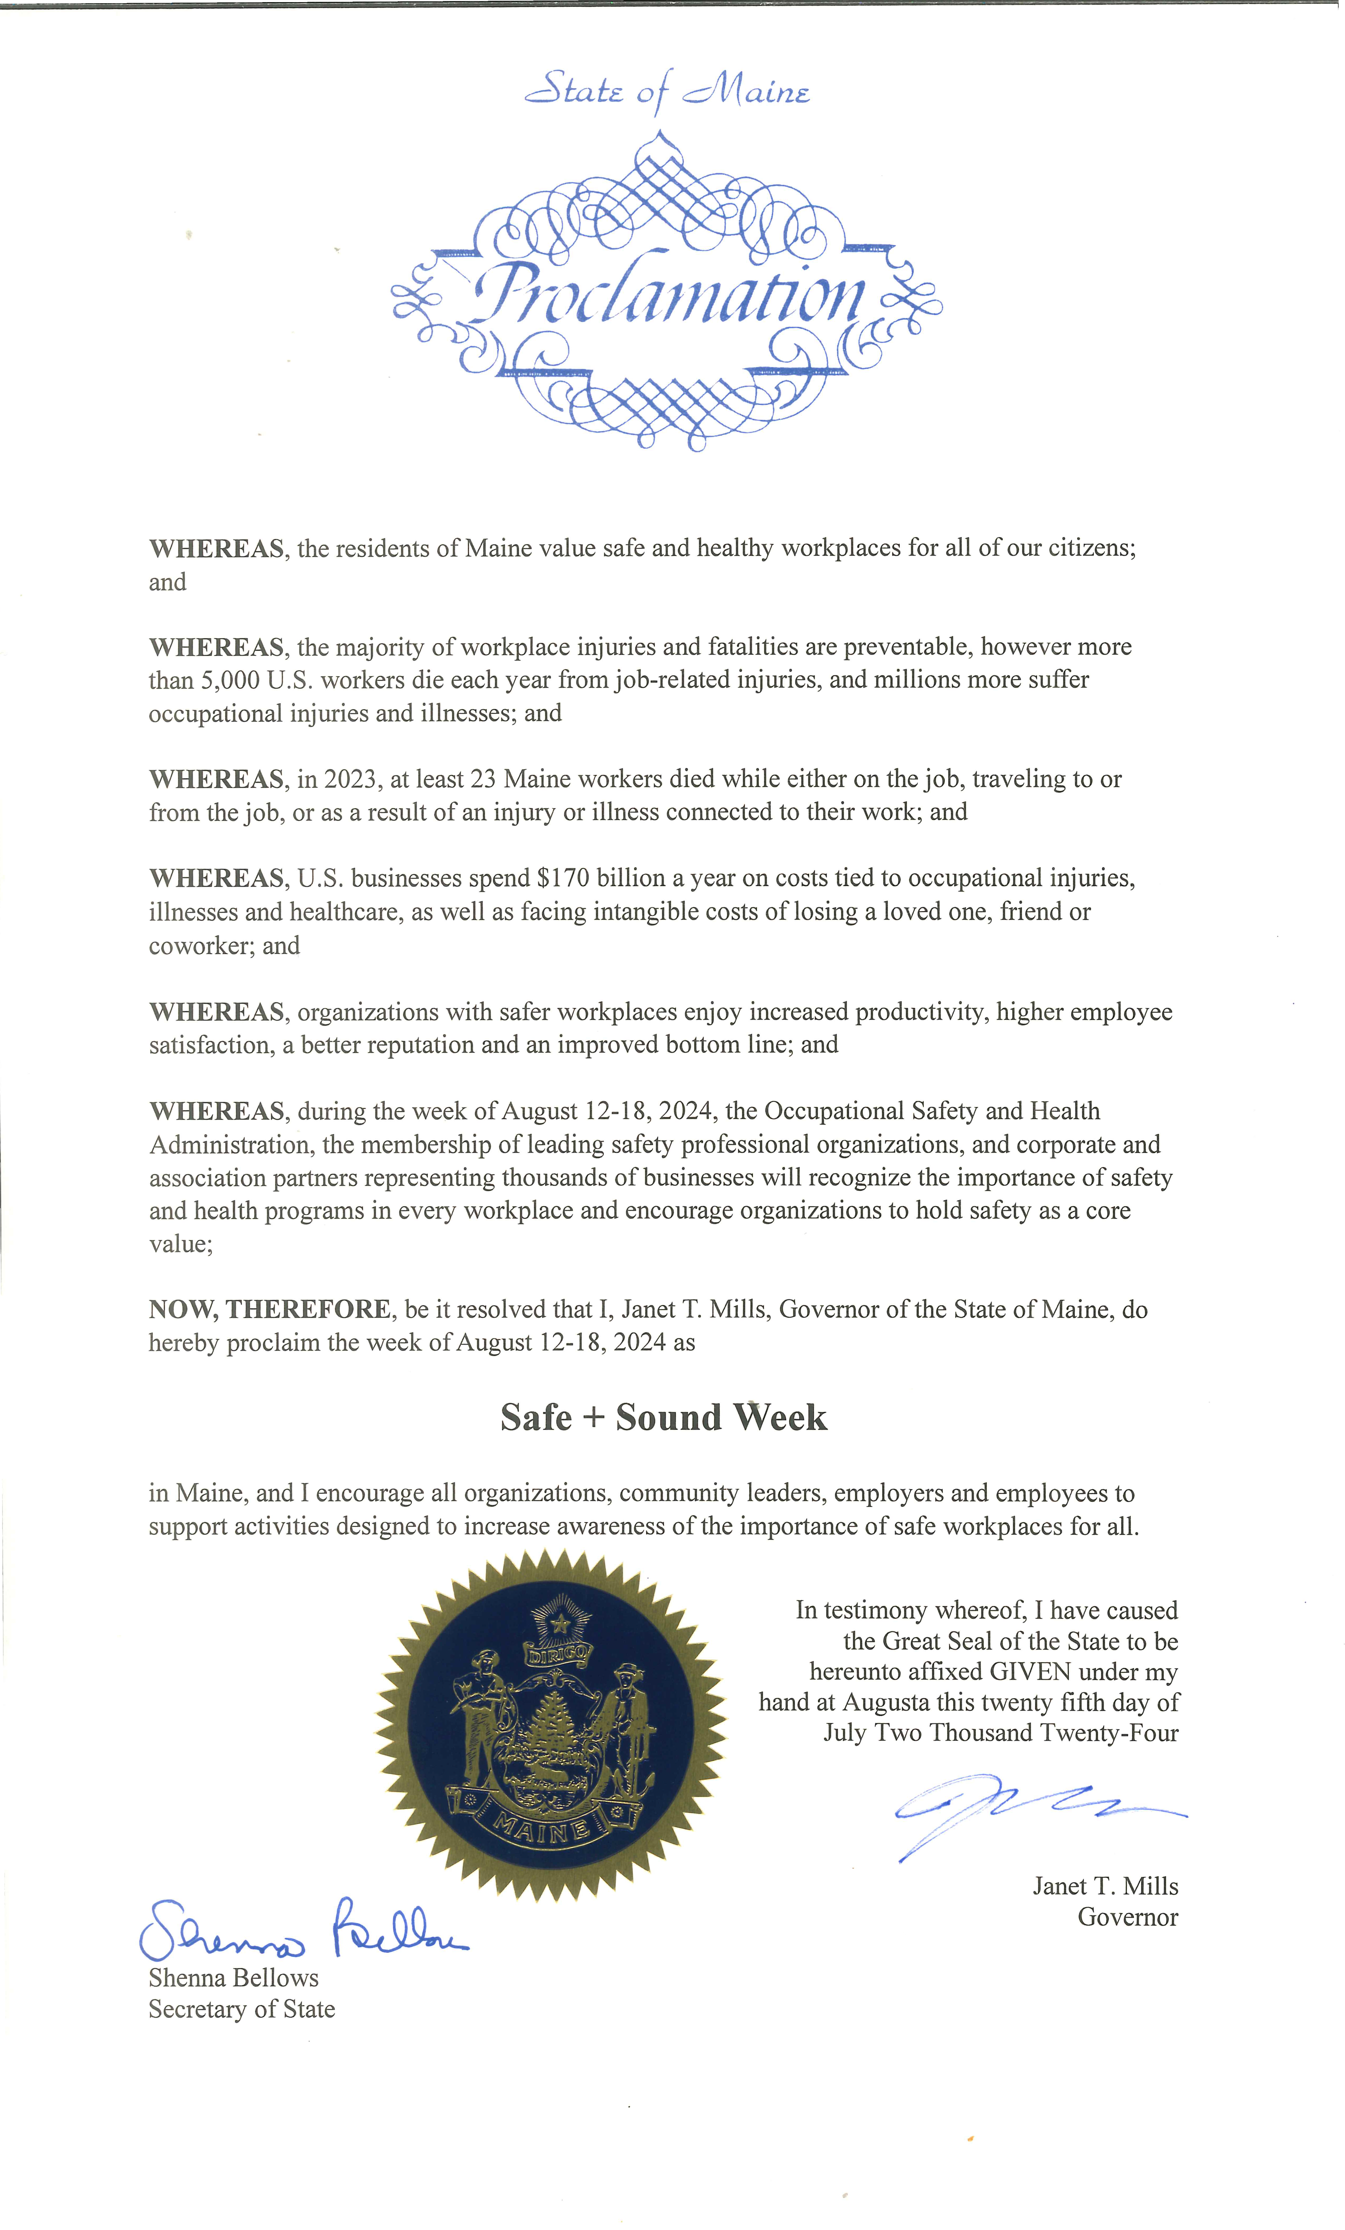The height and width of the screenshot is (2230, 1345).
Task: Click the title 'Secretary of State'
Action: pos(242,2009)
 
